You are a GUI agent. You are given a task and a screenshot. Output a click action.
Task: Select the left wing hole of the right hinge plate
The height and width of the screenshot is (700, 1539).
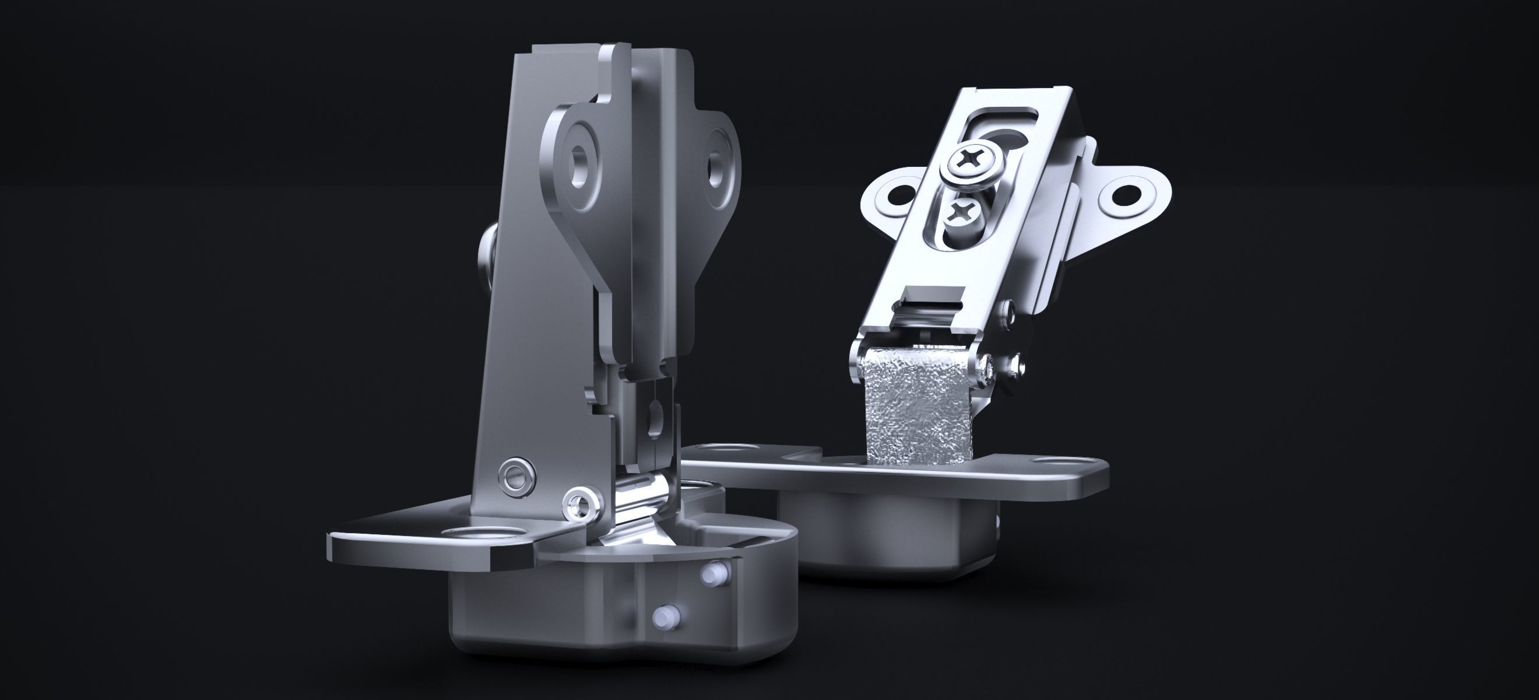coord(895,194)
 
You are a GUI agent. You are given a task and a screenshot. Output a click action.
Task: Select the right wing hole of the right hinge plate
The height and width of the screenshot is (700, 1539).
coord(1125,192)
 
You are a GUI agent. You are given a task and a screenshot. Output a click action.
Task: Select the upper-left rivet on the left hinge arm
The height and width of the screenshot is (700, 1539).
coord(514,476)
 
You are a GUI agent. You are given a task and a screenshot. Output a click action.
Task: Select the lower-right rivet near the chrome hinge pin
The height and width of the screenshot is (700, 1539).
coord(580,502)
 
